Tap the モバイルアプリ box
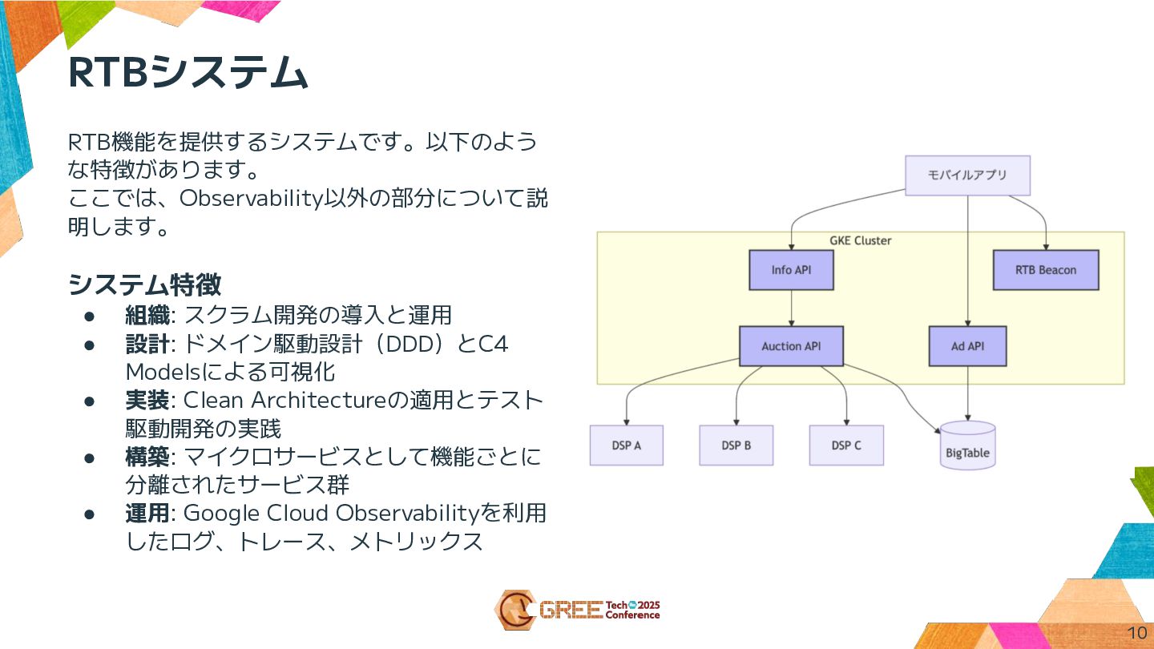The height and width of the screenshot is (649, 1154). click(967, 175)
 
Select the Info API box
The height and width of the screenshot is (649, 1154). click(791, 270)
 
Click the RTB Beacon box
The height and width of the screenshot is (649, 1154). click(1045, 270)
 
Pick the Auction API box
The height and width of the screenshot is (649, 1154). click(791, 346)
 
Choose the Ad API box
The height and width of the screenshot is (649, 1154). click(967, 346)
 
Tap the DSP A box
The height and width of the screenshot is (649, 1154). click(626, 445)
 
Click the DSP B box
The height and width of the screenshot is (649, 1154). click(736, 445)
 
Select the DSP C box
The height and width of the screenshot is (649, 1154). click(846, 445)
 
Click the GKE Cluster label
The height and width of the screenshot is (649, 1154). click(860, 240)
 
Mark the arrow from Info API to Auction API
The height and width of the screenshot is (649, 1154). click(792, 308)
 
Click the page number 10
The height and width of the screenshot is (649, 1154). click(1136, 631)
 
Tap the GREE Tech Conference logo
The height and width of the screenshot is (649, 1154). click(577, 610)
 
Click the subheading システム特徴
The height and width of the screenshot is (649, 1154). click(145, 284)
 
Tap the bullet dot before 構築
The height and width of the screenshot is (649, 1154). click(91, 458)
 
